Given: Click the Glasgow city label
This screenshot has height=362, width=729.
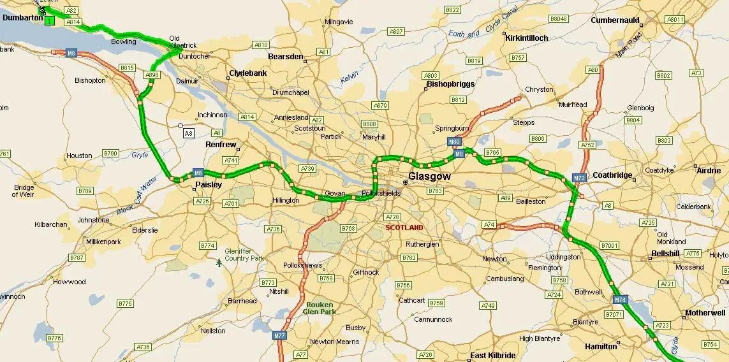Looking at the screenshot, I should click(x=429, y=176).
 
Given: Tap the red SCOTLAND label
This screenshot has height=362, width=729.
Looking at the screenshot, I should click(x=404, y=228).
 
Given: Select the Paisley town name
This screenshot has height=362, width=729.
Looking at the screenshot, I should click(x=209, y=185).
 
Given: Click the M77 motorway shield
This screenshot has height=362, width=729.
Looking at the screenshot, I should click(x=279, y=335).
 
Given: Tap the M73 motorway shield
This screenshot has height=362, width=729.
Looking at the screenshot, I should click(x=579, y=178).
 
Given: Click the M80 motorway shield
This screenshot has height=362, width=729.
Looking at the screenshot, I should click(x=454, y=141).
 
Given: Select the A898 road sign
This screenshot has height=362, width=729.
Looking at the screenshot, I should click(x=152, y=75).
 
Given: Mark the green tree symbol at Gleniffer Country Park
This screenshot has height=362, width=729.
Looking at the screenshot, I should click(x=219, y=262).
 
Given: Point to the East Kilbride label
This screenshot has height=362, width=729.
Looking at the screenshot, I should click(x=492, y=355).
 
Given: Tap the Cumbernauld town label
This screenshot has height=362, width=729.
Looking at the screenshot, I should click(x=615, y=20).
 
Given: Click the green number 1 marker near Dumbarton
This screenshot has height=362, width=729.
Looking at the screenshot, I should click(x=49, y=21).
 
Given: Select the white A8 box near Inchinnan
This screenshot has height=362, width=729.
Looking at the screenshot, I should click(x=188, y=133).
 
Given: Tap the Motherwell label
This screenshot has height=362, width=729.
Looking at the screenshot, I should click(x=705, y=313).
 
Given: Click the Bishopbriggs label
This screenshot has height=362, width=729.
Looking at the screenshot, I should click(x=452, y=84).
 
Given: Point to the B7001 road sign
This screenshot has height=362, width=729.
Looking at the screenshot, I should click(x=610, y=245).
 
